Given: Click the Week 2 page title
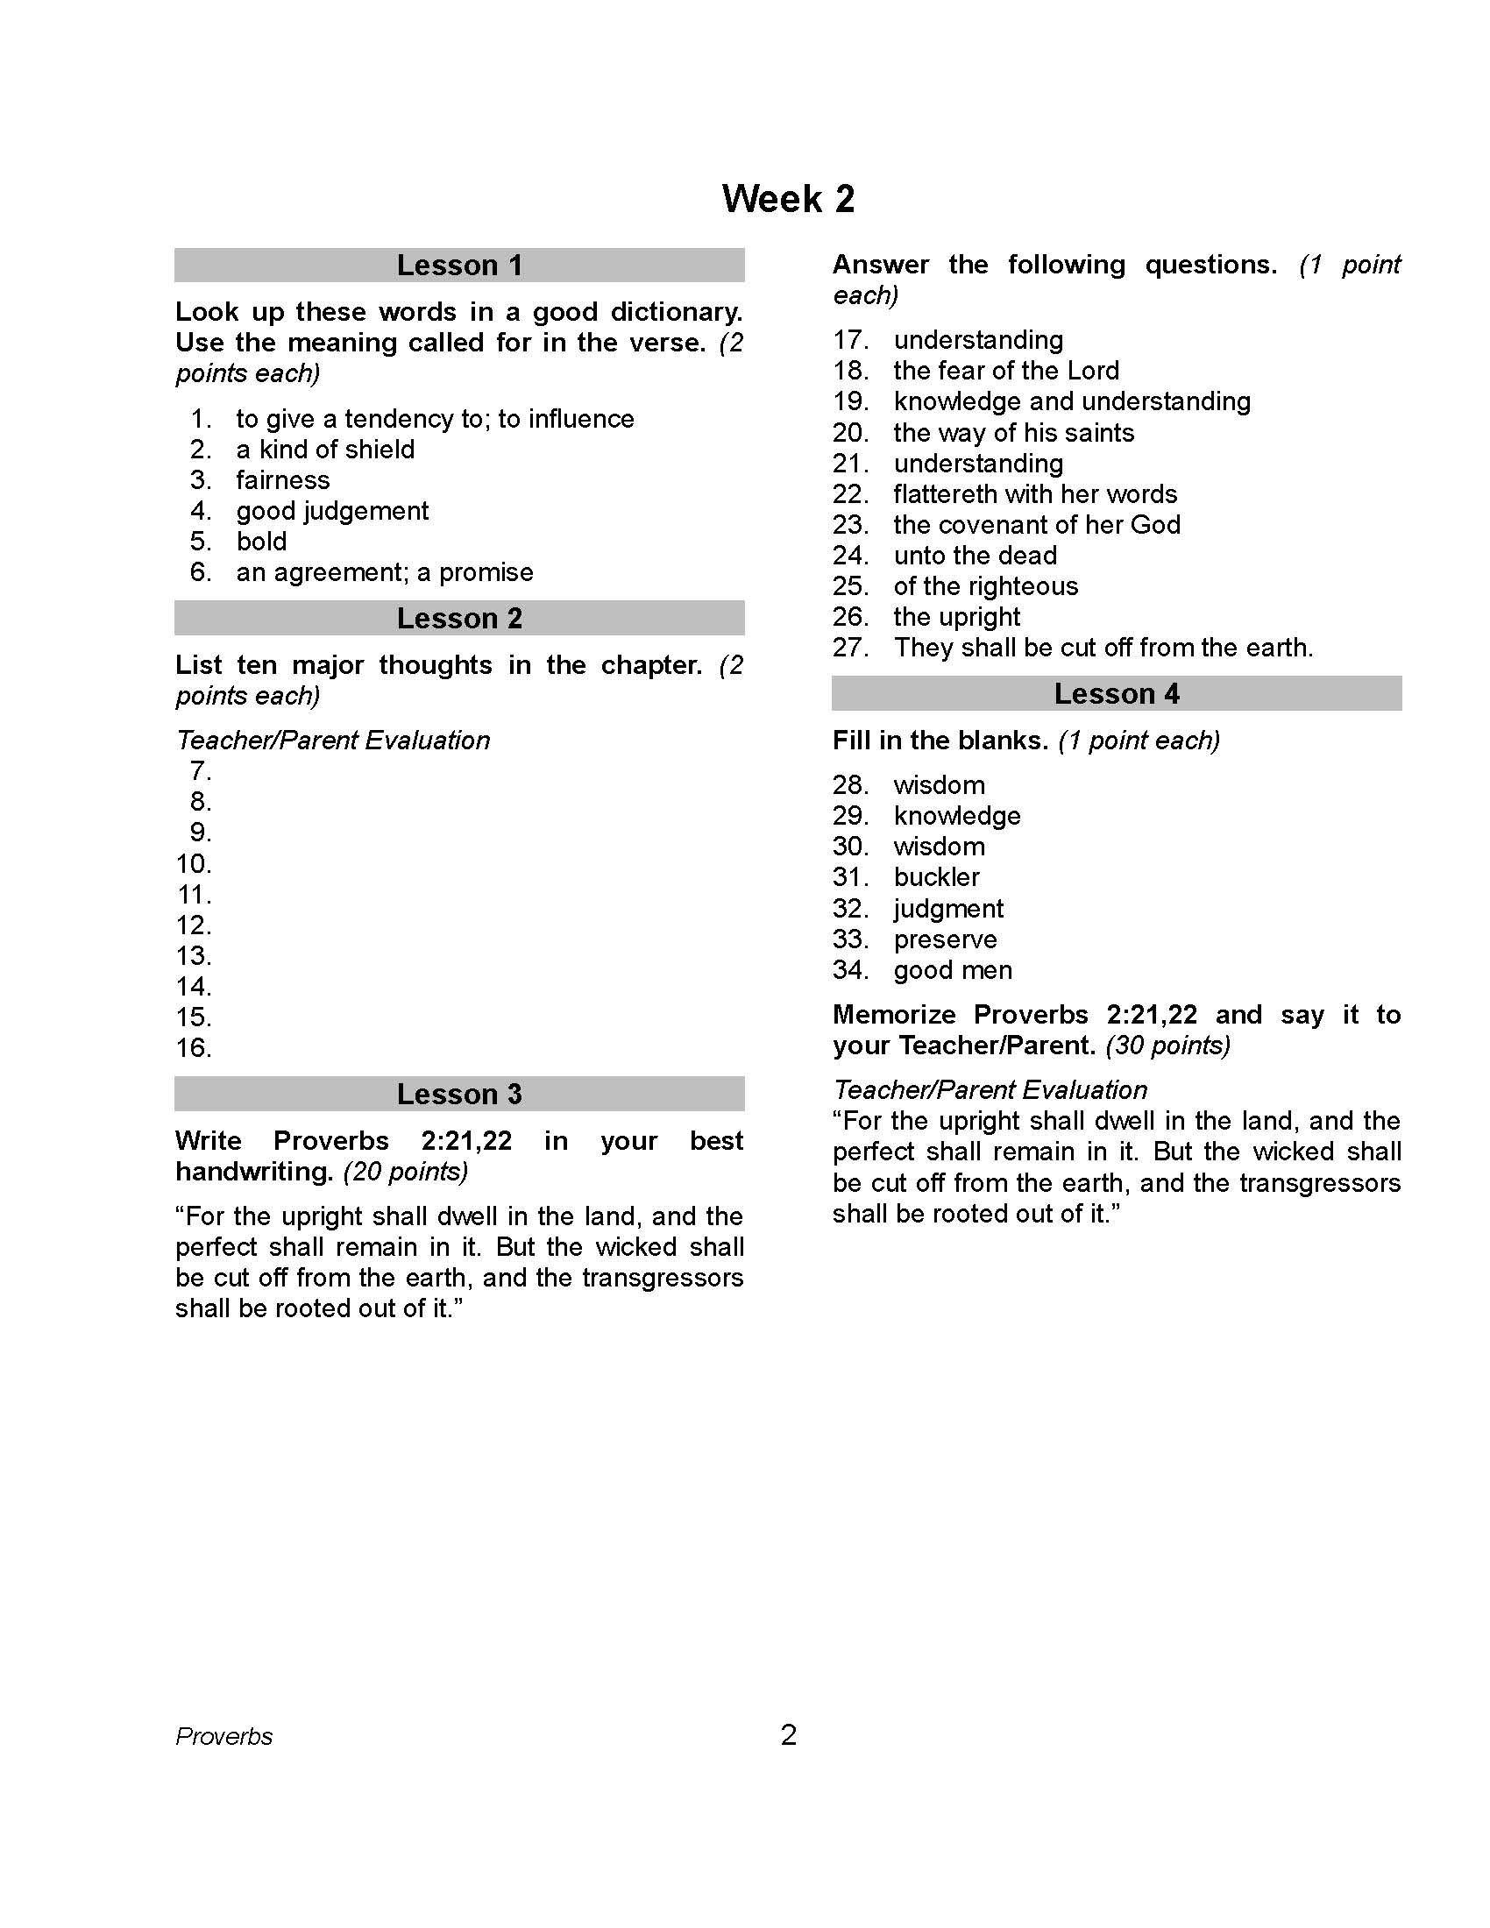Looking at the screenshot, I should pyautogui.click(x=787, y=199).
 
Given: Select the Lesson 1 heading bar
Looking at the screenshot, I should pyautogui.click(x=459, y=265).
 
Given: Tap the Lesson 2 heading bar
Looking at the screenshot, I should pyautogui.click(x=459, y=618).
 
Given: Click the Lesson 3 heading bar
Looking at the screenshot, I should pyautogui.click(x=459, y=1094).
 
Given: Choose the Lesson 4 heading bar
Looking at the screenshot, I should pyautogui.click(x=1116, y=693).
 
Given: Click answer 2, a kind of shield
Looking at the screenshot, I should pyautogui.click(x=325, y=450).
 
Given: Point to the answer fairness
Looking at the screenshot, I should pyautogui.click(x=282, y=480).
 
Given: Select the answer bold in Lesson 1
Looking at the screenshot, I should pyautogui.click(x=261, y=541).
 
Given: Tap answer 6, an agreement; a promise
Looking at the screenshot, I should pyautogui.click(x=384, y=572).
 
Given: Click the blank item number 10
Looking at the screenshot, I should pyautogui.click(x=195, y=863).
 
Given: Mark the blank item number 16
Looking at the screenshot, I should pyautogui.click(x=195, y=1048).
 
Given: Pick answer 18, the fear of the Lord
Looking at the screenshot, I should pyautogui.click(x=1005, y=371).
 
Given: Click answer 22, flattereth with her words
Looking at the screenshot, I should pyautogui.click(x=1034, y=493).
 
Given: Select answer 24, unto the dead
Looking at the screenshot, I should pyautogui.click(x=975, y=556).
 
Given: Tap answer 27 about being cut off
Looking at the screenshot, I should pyautogui.click(x=1103, y=647).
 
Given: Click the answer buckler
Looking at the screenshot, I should pyautogui.click(x=936, y=876).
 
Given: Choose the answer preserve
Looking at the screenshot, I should pyautogui.click(x=945, y=939).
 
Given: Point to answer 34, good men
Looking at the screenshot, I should pyautogui.click(x=953, y=969).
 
